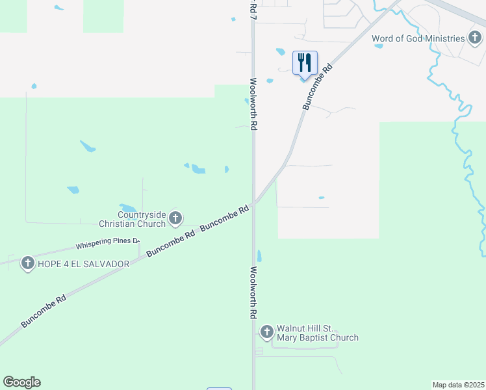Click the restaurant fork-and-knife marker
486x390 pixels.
coord(305,63)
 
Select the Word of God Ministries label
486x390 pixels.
coord(418,38)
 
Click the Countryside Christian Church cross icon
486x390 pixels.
coord(175,218)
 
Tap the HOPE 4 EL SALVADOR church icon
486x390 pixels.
coord(27,264)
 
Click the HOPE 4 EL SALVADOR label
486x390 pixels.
coord(79,265)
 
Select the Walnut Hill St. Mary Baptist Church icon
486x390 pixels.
coord(266,332)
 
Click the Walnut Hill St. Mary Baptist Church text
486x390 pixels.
coord(317,333)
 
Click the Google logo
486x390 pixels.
coord(21,382)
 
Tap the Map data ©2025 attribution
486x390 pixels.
coord(459,384)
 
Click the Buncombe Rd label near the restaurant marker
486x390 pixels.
coord(316,86)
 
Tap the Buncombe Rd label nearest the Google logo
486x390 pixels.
coord(44,312)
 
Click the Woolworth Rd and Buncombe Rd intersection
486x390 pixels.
coord(254,203)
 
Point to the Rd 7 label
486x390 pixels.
coord(253,8)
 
